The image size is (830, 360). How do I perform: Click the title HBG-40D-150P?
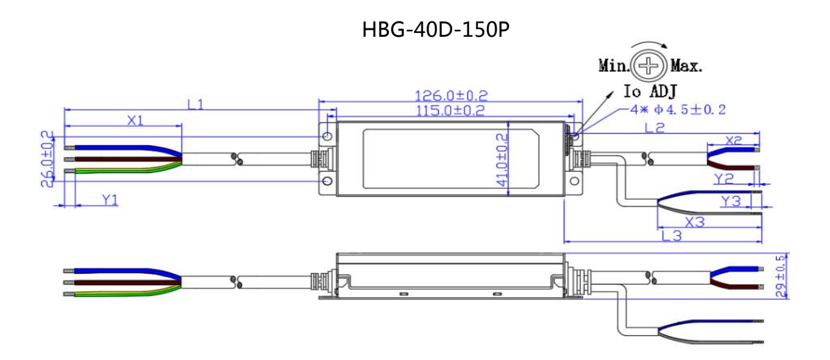coord(436,30)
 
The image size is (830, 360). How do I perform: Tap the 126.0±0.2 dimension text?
coord(451,96)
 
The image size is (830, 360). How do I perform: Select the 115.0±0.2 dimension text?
coord(450,110)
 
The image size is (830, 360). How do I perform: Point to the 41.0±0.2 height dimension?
coord(502,160)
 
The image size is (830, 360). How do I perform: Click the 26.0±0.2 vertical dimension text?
coord(47,159)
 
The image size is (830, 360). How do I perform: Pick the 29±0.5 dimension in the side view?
coord(781,276)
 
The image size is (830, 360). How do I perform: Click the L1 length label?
coord(195,105)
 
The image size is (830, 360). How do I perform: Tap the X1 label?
coord(135,120)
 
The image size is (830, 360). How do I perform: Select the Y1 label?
coord(110,200)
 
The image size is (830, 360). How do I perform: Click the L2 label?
coord(655,128)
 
